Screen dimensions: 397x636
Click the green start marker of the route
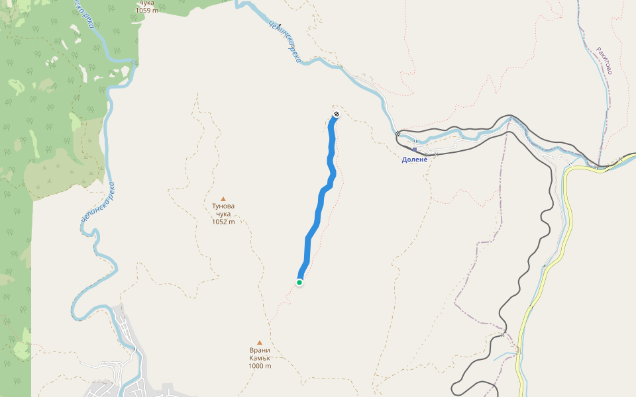[x=299, y=283]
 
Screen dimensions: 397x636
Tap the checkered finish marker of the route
[x=337, y=115]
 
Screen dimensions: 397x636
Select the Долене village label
[x=415, y=159]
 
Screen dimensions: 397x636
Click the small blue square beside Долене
[x=415, y=150]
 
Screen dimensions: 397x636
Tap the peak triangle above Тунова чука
[x=223, y=198]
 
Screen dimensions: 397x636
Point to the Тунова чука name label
[x=223, y=210]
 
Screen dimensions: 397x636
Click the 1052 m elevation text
[x=223, y=222]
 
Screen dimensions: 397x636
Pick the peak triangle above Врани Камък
[x=260, y=343]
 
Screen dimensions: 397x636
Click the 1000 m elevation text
[x=260, y=366]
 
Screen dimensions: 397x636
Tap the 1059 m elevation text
[x=147, y=10]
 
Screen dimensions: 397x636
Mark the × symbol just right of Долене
[x=435, y=154]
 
